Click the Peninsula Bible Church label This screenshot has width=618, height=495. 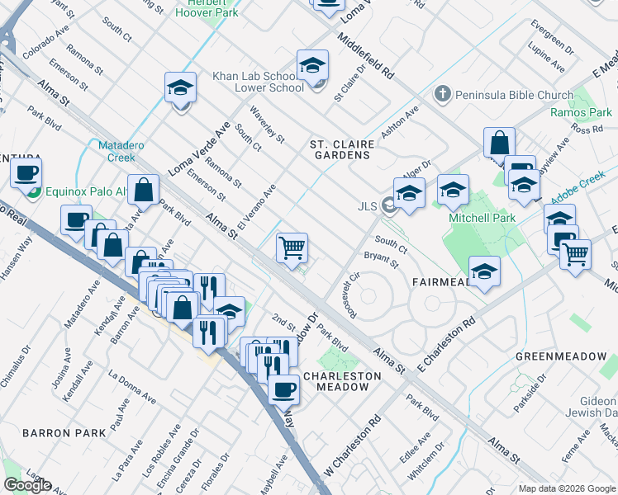coord(512,95)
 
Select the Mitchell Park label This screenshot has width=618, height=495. coord(482,219)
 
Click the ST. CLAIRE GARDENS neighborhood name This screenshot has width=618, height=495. coord(342,151)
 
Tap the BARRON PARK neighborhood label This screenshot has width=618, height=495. coord(64,432)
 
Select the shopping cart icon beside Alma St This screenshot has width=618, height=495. coord(292,247)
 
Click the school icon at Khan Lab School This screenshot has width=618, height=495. coord(312,65)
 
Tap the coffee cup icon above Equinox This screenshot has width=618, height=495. coord(26,173)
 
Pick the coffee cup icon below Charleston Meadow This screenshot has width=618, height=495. coord(283,389)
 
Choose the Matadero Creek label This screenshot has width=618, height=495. coord(121,151)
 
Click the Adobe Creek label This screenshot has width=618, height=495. coord(588,181)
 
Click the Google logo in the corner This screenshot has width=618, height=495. coord(27,485)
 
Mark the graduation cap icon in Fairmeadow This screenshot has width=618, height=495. coord(484,271)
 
